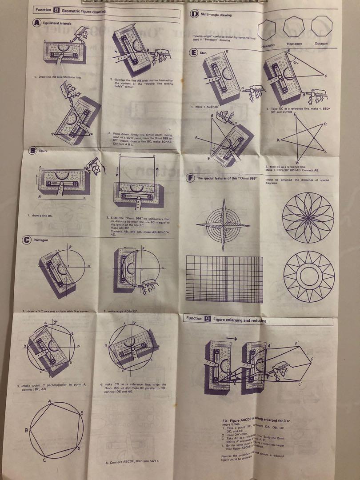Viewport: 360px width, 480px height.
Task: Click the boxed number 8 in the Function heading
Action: coord(57,10)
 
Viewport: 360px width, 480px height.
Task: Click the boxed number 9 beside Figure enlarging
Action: coord(208,318)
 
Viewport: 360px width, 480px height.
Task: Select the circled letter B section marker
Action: coord(32,151)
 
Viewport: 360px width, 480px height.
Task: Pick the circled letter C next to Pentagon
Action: coord(27,240)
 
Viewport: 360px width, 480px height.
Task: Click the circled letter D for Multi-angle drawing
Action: coord(194,14)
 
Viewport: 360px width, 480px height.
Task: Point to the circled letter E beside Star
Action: coord(194,52)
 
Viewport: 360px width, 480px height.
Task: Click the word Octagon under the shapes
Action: coord(321,44)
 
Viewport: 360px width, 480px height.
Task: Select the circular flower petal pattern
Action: coord(308,218)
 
